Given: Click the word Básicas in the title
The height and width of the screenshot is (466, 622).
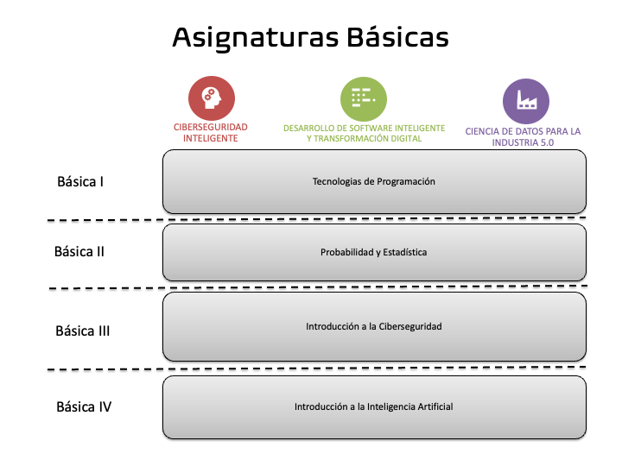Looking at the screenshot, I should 398,38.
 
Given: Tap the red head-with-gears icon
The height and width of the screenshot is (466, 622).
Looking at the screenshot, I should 210,98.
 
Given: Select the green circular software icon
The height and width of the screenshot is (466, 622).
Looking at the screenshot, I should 362,98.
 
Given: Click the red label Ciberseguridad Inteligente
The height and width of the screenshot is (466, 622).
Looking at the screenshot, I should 211,132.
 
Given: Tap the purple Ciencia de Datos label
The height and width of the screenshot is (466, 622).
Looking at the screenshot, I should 523,136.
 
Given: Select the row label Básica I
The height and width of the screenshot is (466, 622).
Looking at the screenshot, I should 80,182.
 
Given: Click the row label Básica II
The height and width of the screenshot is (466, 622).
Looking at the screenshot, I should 79,252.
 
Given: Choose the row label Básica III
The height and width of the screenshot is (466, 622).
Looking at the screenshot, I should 82,331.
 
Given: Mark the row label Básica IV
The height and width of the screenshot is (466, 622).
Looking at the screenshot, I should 84,406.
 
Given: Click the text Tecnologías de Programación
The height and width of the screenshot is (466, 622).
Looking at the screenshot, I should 373,182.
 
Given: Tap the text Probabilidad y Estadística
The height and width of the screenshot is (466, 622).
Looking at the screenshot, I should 373,253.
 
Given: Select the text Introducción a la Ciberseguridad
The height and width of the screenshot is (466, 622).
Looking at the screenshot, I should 373,327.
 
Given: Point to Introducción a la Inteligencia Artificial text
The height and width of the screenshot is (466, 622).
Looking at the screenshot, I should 373,406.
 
